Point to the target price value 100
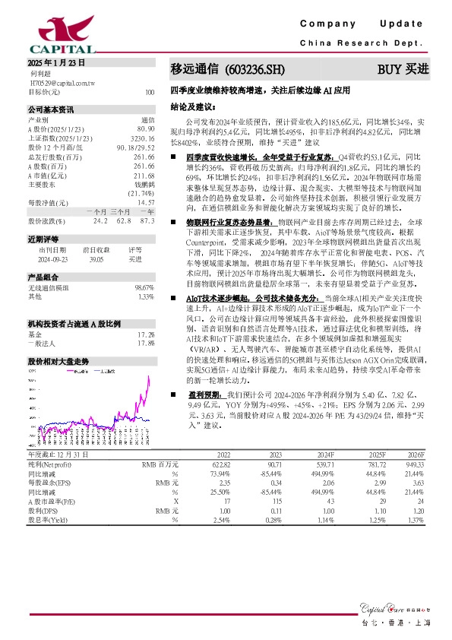click(149, 92)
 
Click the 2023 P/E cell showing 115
click(275, 502)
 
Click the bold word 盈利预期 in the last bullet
click(205, 396)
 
